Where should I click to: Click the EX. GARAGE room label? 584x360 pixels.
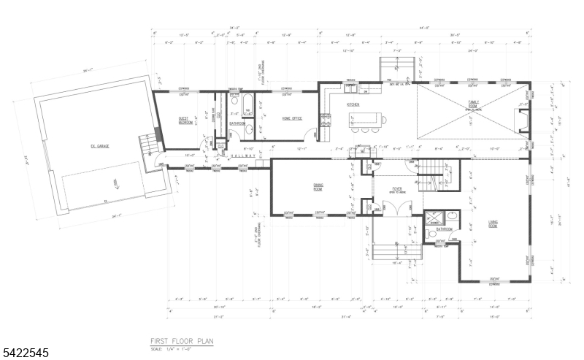[99, 146]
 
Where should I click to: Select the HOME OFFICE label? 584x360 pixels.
[291, 118]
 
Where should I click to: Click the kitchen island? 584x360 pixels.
[369, 118]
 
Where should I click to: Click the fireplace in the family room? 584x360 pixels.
[522, 117]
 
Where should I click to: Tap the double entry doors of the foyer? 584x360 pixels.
[396, 210]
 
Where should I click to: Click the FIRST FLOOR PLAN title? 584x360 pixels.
[182, 341]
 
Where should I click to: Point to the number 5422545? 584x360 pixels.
[25, 353]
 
